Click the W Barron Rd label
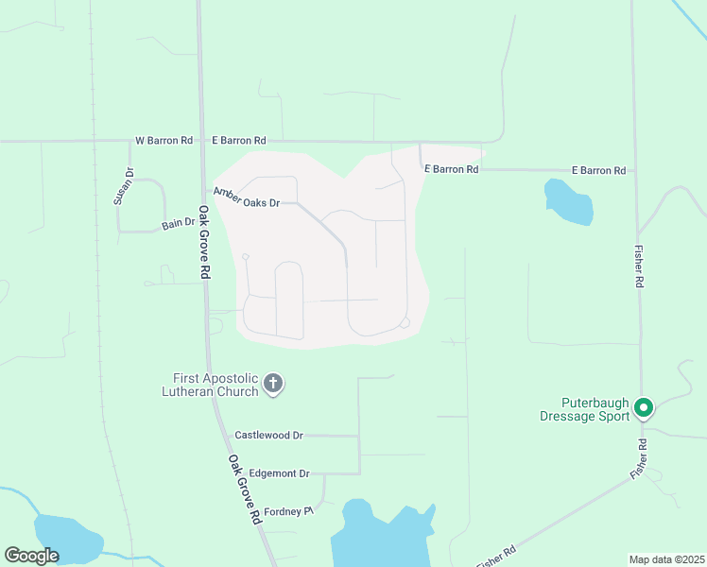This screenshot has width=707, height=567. (164, 140)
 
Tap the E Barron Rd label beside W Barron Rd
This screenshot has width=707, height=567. (238, 140)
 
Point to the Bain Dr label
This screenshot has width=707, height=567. (178, 223)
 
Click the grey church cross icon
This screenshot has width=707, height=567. (273, 384)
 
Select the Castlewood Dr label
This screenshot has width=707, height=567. (268, 436)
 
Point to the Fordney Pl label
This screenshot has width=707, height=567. (287, 510)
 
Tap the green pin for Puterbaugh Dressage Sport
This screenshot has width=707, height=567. (644, 408)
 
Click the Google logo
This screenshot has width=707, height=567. (31, 556)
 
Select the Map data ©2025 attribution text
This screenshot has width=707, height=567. (666, 558)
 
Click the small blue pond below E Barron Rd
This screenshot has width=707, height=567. (569, 201)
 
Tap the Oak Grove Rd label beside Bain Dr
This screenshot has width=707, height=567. (204, 242)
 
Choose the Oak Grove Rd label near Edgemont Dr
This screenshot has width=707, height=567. (244, 490)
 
